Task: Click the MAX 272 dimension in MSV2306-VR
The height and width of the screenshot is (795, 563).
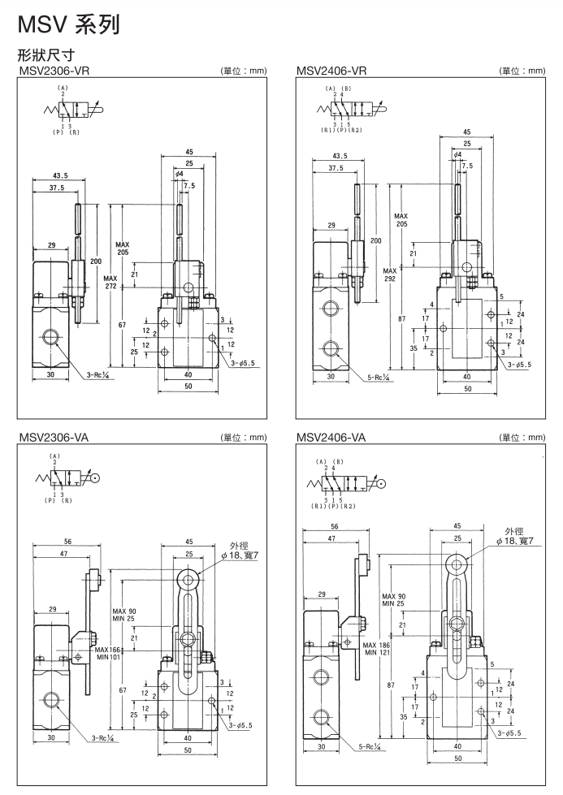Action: [110, 281]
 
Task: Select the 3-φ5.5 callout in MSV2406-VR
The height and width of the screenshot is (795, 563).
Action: [520, 365]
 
